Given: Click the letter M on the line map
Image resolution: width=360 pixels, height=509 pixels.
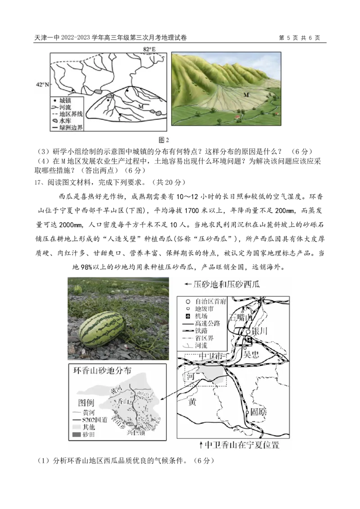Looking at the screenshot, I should tap(141, 107).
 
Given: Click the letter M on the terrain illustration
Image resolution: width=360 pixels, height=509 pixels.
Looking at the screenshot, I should tap(246, 95).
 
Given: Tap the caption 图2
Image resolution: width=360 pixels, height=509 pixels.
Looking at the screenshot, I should tap(164, 140).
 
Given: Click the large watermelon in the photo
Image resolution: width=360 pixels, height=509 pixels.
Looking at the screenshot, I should tap(102, 329).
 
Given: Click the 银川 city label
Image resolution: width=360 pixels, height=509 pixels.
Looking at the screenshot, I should tap(261, 331).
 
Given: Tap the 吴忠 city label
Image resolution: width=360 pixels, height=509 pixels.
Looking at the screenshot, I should tap(251, 354).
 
